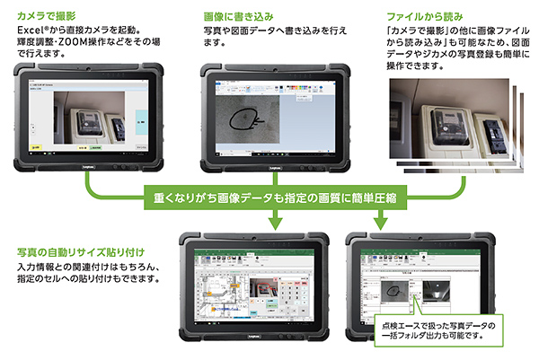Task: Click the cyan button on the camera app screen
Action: [x=146, y=115]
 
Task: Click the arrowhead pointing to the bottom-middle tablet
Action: [x=273, y=224]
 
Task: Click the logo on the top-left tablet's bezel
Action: [x=88, y=167]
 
